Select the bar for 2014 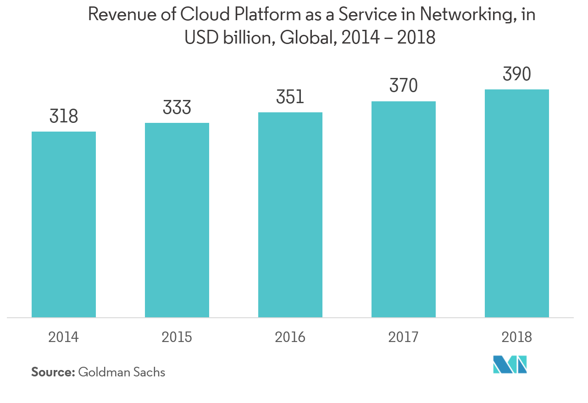pos(64,224)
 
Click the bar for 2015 pos(177,220)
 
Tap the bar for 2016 pos(290,215)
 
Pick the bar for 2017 pos(404,209)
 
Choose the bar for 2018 pos(517,203)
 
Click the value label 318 pos(64,116)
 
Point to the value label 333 pos(177,108)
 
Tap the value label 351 pos(290,97)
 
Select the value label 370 pos(404,86)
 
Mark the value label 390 pos(517,74)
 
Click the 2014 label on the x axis pos(64,337)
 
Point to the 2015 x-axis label pos(177,337)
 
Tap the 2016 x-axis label pos(290,337)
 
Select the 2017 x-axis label pos(404,337)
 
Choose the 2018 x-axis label pos(517,337)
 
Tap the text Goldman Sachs pos(122,372)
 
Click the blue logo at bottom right pos(510,364)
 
